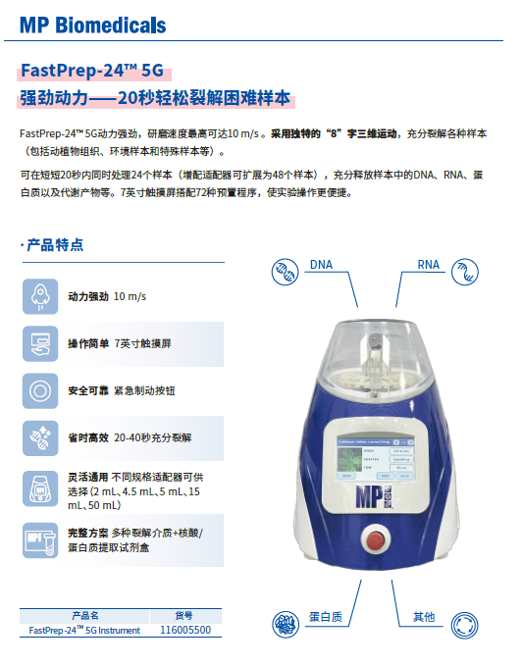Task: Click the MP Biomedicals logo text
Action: tap(93, 25)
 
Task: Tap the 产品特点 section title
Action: tap(54, 244)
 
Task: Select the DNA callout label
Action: tap(321, 265)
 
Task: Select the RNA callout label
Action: tap(428, 265)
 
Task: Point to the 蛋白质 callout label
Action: tap(325, 617)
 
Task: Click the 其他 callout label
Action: tap(423, 617)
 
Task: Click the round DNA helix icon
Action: tap(284, 272)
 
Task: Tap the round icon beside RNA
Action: tap(464, 272)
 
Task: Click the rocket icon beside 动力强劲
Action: tap(41, 295)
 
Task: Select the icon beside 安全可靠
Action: tap(41, 390)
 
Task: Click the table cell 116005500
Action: tap(184, 630)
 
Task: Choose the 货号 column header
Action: tap(184, 616)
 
